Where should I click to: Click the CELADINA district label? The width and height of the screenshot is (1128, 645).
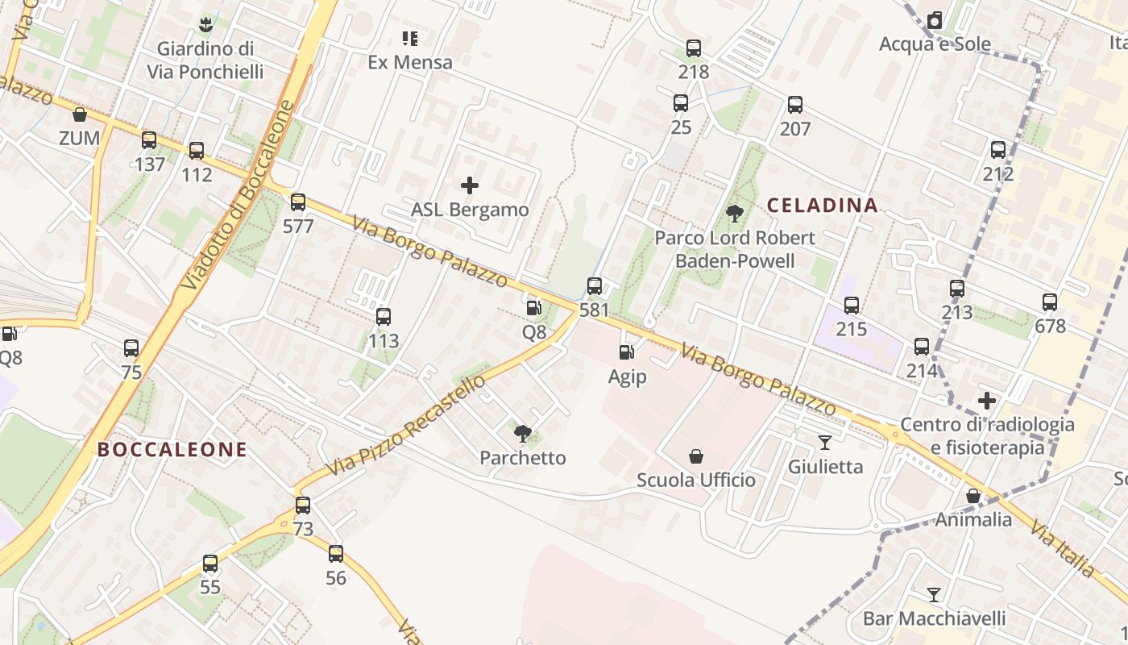pos(822,206)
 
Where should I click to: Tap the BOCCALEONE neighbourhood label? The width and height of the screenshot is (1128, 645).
pos(172,450)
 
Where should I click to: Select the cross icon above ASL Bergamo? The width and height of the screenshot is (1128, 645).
pos(470,186)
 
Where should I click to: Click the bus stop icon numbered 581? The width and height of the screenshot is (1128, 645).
pos(595,285)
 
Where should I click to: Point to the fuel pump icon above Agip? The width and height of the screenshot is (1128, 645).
pos(626,352)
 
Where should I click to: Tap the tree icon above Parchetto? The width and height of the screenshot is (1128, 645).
pos(522,434)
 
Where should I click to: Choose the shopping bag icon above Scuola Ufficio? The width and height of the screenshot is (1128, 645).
pos(696,456)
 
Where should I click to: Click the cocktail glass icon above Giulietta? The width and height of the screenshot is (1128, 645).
pos(825,442)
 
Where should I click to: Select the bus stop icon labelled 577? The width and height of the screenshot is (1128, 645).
pos(298,202)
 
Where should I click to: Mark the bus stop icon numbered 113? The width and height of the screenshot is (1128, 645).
pos(384,317)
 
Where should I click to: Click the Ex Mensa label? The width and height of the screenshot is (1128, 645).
pos(410,62)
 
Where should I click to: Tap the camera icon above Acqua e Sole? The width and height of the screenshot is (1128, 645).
pos(935,20)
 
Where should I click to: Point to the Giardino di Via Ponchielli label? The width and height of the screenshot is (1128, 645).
pos(205,60)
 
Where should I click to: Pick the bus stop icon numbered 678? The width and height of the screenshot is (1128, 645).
pos(1049,302)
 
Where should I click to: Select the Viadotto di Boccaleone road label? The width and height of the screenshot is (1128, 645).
pos(235,195)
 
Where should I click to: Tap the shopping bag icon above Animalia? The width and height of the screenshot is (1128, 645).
pos(973,496)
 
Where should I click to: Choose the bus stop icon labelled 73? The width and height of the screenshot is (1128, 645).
pos(302,506)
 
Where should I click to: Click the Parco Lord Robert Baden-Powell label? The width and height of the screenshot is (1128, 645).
pos(735,249)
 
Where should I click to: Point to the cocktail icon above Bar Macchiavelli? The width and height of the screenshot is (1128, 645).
pos(934,595)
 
